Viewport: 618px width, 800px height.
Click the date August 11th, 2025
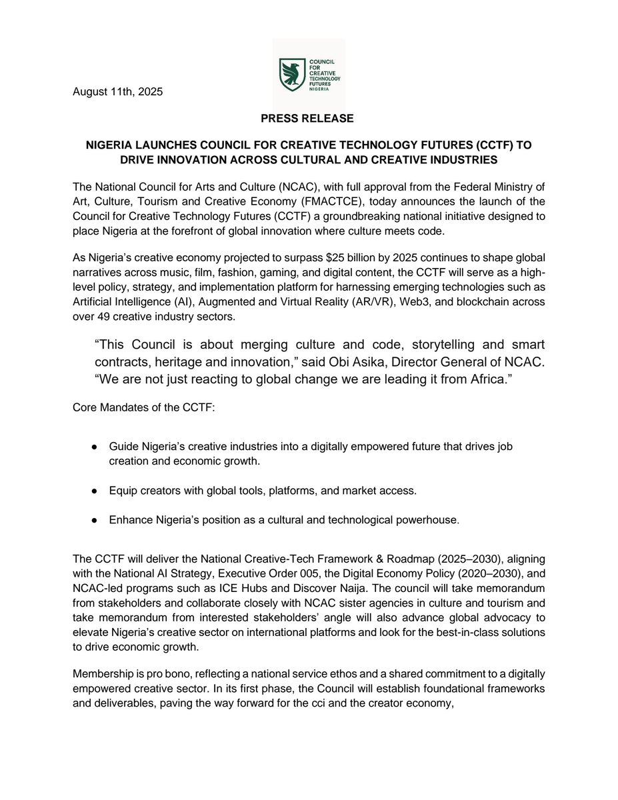pos(117,92)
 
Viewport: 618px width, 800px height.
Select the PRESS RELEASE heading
pos(308,119)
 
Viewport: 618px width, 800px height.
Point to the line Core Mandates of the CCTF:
pos(144,408)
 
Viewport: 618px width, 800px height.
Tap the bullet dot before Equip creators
pos(96,491)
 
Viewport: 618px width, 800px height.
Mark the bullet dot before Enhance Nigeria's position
pos(96,519)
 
